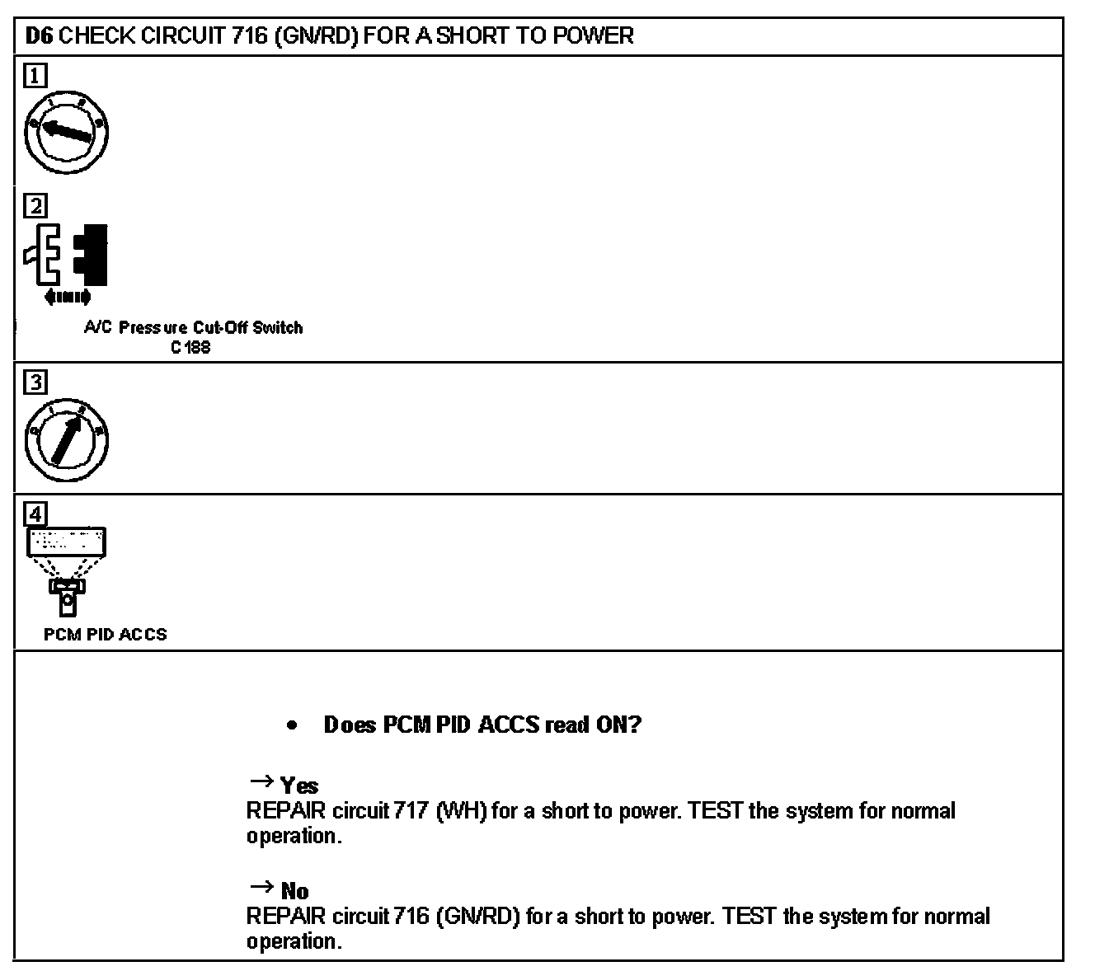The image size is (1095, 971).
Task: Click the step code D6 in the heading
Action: [x=40, y=36]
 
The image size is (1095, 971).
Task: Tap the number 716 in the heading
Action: [x=246, y=36]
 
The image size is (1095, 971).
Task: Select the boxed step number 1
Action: [x=35, y=76]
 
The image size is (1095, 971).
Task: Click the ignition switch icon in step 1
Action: [x=66, y=132]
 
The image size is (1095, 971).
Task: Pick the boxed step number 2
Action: [x=35, y=205]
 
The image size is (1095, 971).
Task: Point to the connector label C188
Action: [x=190, y=347]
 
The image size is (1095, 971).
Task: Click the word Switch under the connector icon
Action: [x=277, y=327]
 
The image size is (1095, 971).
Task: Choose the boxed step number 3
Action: [x=35, y=382]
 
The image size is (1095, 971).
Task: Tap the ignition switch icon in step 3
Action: [x=66, y=438]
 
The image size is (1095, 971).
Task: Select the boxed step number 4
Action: [x=35, y=514]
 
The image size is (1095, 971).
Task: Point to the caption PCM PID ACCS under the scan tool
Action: [x=105, y=634]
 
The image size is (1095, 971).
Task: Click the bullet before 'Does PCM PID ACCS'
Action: [x=292, y=725]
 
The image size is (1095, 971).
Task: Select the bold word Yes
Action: [x=298, y=785]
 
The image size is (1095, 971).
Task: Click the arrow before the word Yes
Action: [x=261, y=781]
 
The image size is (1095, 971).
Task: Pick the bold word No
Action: [x=294, y=890]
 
